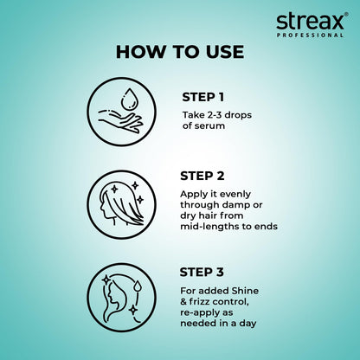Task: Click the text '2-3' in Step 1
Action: (x=212, y=114)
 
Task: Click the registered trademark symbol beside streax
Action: (x=346, y=12)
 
